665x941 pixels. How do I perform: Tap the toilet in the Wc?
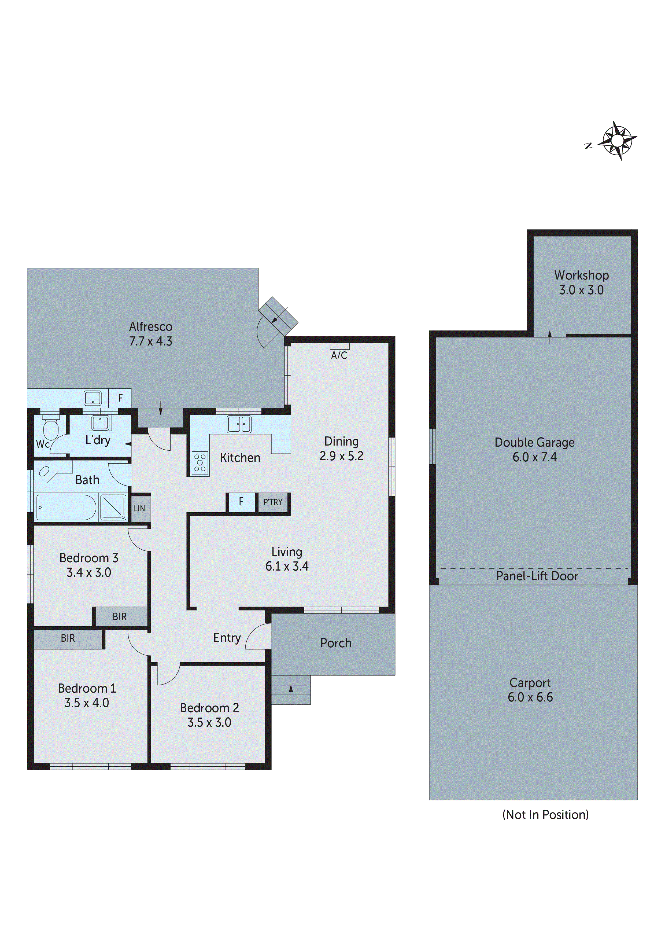point(50,428)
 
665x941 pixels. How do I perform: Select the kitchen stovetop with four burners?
point(200,463)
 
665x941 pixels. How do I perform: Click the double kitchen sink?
point(239,424)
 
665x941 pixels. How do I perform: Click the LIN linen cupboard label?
point(139,509)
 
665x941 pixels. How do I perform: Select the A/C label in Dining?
point(339,356)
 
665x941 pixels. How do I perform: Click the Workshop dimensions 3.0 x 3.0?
point(581,290)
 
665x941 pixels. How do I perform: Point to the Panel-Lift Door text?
point(537,576)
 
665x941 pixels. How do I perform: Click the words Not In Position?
point(545,814)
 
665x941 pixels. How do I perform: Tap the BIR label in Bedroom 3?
point(120,617)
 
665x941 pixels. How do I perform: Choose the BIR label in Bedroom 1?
point(68,638)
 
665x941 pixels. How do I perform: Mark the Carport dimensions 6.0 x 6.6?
point(530,697)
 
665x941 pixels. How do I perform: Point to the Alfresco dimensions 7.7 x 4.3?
point(150,341)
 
